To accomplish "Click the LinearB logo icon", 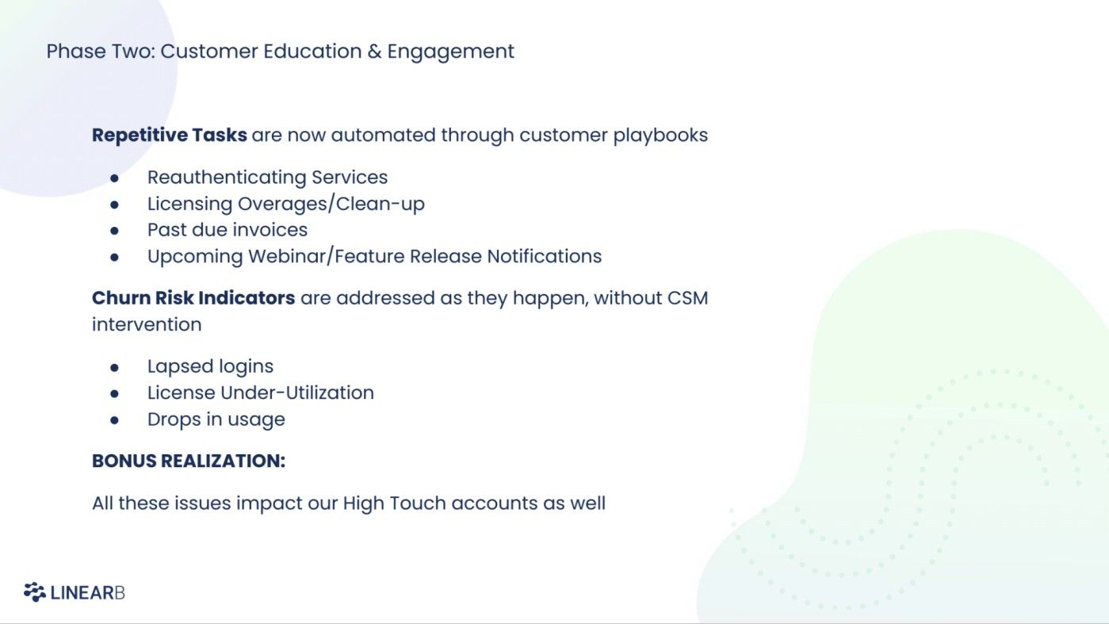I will pos(34,592).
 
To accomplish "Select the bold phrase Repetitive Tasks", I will pos(170,136).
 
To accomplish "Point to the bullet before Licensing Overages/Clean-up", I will pos(115,205).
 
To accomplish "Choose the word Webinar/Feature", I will pos(327,257).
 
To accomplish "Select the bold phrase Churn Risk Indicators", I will pos(193,299).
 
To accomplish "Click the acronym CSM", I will pos(687,299).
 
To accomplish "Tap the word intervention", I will pos(147,325).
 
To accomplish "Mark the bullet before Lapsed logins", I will pos(115,367).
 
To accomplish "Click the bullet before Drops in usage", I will pos(115,420).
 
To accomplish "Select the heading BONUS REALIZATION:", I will pos(189,461).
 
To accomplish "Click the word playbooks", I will pos(660,136).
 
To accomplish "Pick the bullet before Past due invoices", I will pos(115,231).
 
